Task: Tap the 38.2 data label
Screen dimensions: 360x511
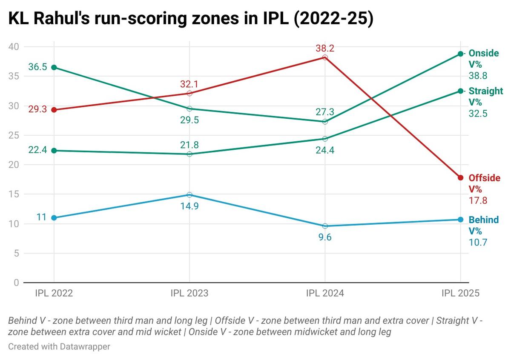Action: tap(325, 48)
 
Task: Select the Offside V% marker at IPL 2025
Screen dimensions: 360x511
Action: tap(460, 177)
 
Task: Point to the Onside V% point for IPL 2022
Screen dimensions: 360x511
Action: tap(54, 67)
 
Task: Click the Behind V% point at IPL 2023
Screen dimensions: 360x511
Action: tap(189, 195)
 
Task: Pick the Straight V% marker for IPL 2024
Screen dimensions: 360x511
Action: tap(325, 139)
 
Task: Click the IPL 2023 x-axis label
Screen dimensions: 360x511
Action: tap(189, 294)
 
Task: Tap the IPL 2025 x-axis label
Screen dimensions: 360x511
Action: tap(460, 294)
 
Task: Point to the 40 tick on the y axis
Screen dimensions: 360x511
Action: tap(15, 47)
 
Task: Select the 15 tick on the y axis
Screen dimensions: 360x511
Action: tap(15, 194)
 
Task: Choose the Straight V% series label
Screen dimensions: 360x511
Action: tap(485, 97)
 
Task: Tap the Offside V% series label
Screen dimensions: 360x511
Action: tap(484, 183)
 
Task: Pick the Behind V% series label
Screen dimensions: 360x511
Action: tap(483, 226)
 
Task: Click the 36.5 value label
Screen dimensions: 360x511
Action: tap(37, 67)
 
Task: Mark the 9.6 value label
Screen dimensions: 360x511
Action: tap(325, 237)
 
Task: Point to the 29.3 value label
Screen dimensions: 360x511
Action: tap(37, 110)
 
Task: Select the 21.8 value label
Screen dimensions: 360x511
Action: tap(189, 145)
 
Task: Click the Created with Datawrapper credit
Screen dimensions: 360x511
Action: tap(59, 347)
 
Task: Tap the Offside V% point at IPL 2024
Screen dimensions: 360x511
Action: tap(325, 57)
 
